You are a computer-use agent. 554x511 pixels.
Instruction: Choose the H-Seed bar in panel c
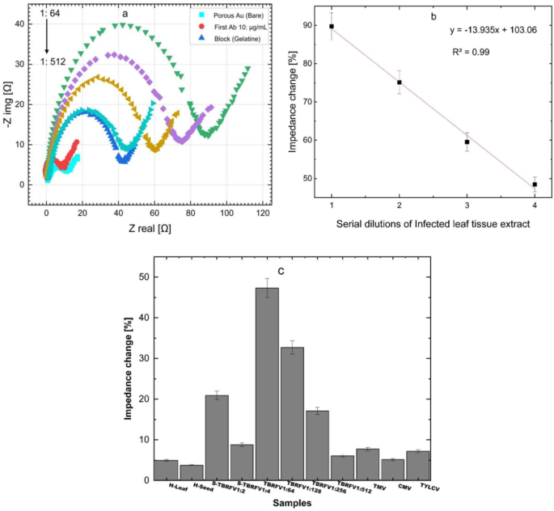(x=192, y=472)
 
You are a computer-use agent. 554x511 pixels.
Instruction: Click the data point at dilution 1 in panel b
(x=332, y=27)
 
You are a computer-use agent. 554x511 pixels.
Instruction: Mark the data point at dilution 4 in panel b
(x=535, y=184)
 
